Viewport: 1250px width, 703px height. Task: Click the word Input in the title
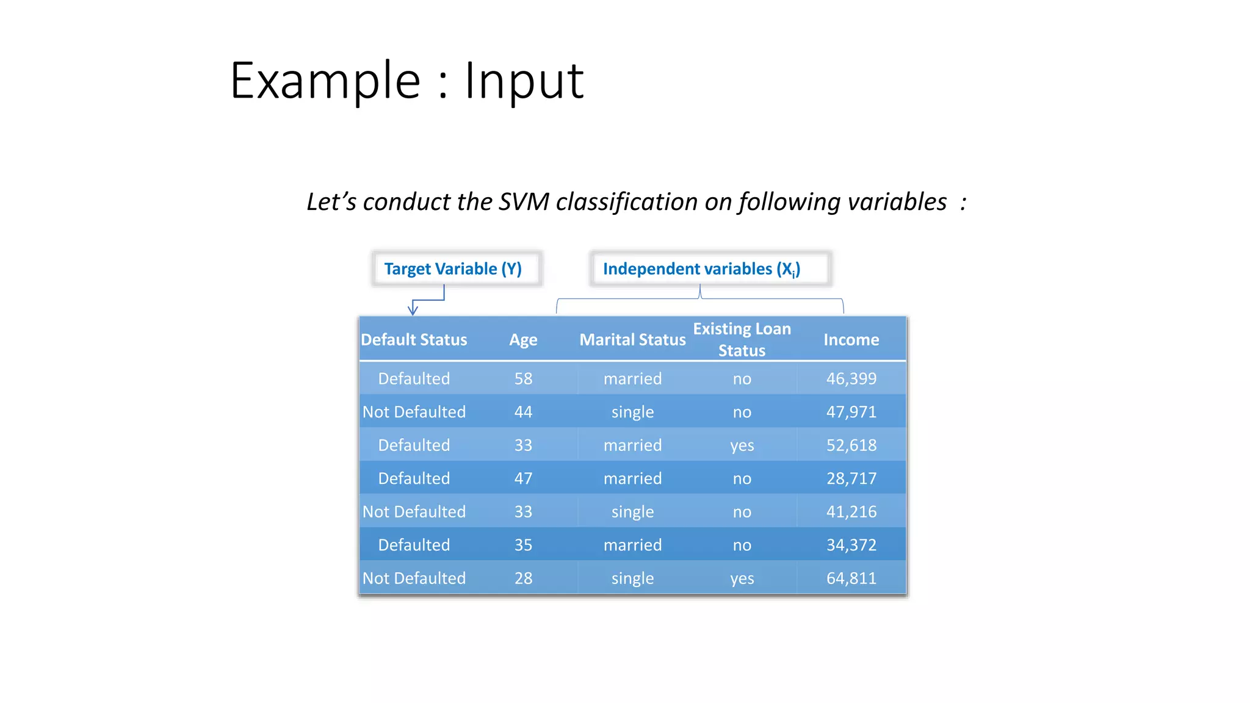pos(524,81)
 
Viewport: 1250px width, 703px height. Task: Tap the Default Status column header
pos(414,339)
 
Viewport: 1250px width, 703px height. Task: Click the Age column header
pos(523,339)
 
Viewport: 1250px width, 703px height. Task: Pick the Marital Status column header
pos(632,339)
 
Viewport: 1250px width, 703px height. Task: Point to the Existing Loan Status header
pos(742,339)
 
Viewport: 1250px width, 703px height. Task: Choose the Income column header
pos(851,339)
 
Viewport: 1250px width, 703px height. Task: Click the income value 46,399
pos(851,378)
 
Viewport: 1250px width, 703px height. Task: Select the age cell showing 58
pos(523,378)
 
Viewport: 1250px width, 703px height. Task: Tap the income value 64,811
pos(851,578)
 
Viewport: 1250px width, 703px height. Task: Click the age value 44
pos(523,412)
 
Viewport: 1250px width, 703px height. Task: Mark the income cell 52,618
pos(851,445)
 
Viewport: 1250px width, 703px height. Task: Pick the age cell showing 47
pos(523,478)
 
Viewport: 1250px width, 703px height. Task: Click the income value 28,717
pos(851,478)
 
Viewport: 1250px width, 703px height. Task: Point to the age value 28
pos(523,578)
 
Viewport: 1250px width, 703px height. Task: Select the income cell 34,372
pos(851,545)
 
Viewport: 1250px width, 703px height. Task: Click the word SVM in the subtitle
pos(524,202)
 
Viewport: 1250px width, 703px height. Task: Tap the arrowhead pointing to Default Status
pos(413,311)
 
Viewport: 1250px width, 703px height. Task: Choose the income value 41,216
pos(851,511)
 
